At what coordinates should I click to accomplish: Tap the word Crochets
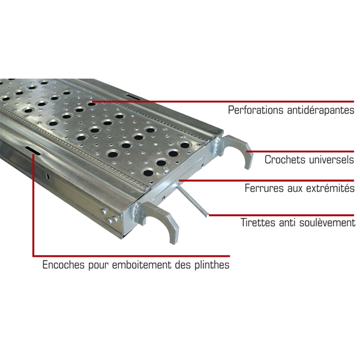click(284, 160)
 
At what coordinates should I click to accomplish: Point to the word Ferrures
click(263, 188)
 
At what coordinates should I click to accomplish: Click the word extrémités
click(329, 188)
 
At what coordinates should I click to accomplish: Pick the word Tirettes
click(259, 223)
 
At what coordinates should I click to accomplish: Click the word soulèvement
click(328, 223)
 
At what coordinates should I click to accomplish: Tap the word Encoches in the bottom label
click(63, 265)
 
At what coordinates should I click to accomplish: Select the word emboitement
click(144, 265)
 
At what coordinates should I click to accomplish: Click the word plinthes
click(211, 265)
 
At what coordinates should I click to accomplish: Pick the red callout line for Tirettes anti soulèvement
click(282, 214)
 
